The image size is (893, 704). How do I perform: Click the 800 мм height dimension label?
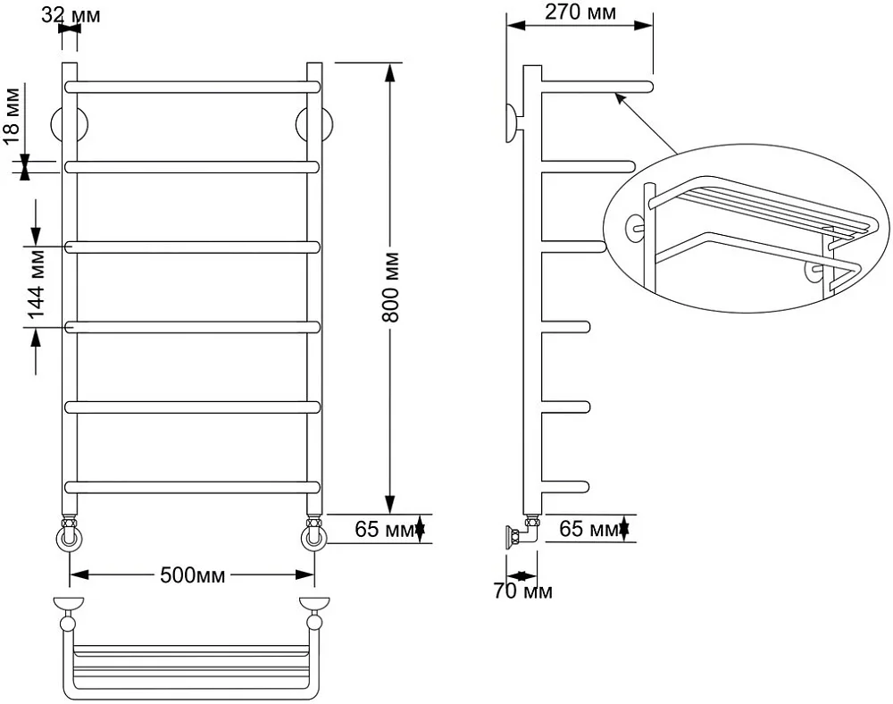[x=391, y=288]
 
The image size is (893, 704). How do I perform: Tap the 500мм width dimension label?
[x=193, y=575]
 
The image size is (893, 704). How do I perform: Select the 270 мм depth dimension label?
[x=580, y=12]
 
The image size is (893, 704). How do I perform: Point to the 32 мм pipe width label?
[x=71, y=15]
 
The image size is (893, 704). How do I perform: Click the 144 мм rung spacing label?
[x=36, y=283]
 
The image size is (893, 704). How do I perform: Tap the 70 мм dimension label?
[x=522, y=591]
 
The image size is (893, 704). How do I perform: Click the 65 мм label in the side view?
[x=588, y=529]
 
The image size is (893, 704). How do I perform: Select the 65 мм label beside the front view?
[x=384, y=529]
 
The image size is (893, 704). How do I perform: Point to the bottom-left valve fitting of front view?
[x=70, y=532]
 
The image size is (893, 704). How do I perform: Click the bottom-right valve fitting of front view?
[x=313, y=532]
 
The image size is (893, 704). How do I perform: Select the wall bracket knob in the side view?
[x=513, y=123]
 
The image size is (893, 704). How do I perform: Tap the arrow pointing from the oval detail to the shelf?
[x=646, y=123]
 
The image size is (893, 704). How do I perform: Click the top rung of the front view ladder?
[x=193, y=88]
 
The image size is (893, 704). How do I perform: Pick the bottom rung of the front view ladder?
[x=193, y=488]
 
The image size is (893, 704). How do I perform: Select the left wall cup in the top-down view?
[x=69, y=603]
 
